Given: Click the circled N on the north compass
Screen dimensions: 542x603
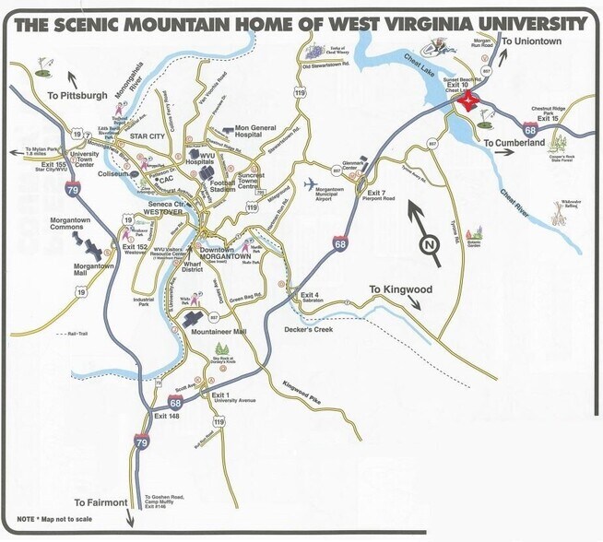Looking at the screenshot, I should coord(427,244).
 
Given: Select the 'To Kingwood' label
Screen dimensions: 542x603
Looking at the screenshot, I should coord(400,289).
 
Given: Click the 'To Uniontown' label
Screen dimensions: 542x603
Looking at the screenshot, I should coord(530,41).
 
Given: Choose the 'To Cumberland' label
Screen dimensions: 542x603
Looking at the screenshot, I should coord(514,143).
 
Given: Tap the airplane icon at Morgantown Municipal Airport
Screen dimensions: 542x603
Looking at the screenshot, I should coord(309,181).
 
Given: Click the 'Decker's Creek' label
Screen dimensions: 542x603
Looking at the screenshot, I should coord(309,329).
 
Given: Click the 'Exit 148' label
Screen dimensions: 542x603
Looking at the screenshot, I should coord(167,417).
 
